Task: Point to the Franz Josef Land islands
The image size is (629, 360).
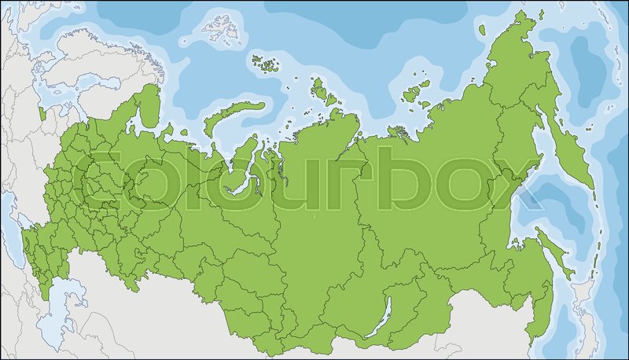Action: [267, 62]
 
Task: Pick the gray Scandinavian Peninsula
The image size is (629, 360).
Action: [63, 63]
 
